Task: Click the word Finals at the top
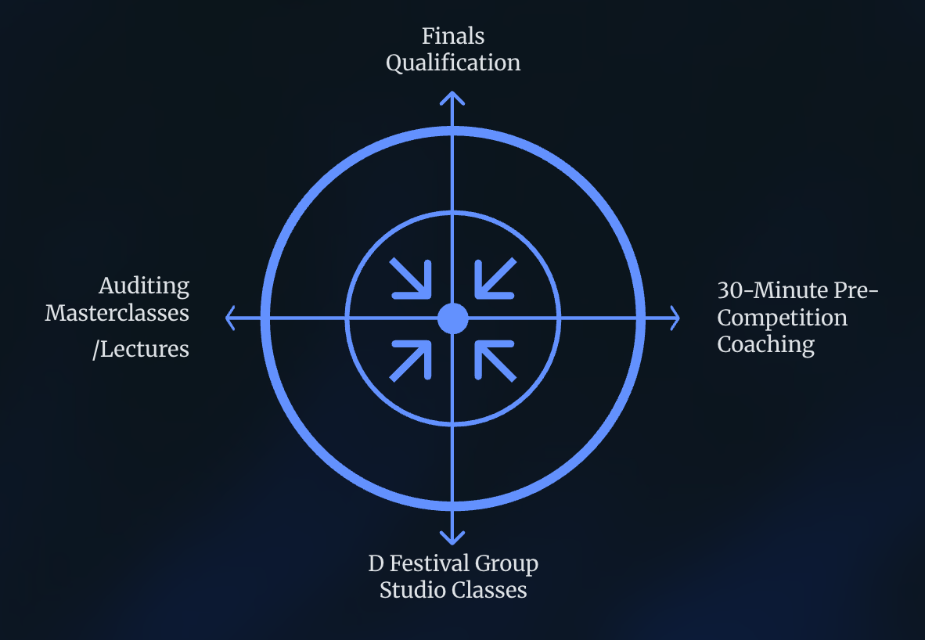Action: (x=453, y=36)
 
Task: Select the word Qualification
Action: (x=453, y=63)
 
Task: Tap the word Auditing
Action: (x=144, y=286)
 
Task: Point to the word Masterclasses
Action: (x=117, y=313)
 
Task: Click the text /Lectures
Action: (x=141, y=348)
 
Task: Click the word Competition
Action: (x=782, y=318)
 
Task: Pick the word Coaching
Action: (x=766, y=344)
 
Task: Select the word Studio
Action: (x=413, y=590)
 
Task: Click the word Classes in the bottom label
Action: (x=490, y=590)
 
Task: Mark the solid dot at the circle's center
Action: (x=452, y=318)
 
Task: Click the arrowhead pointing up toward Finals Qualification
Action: (x=452, y=98)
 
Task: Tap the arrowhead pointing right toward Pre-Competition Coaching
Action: (x=673, y=318)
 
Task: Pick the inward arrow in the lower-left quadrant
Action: (x=412, y=359)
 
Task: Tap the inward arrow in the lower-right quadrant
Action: (x=493, y=359)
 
